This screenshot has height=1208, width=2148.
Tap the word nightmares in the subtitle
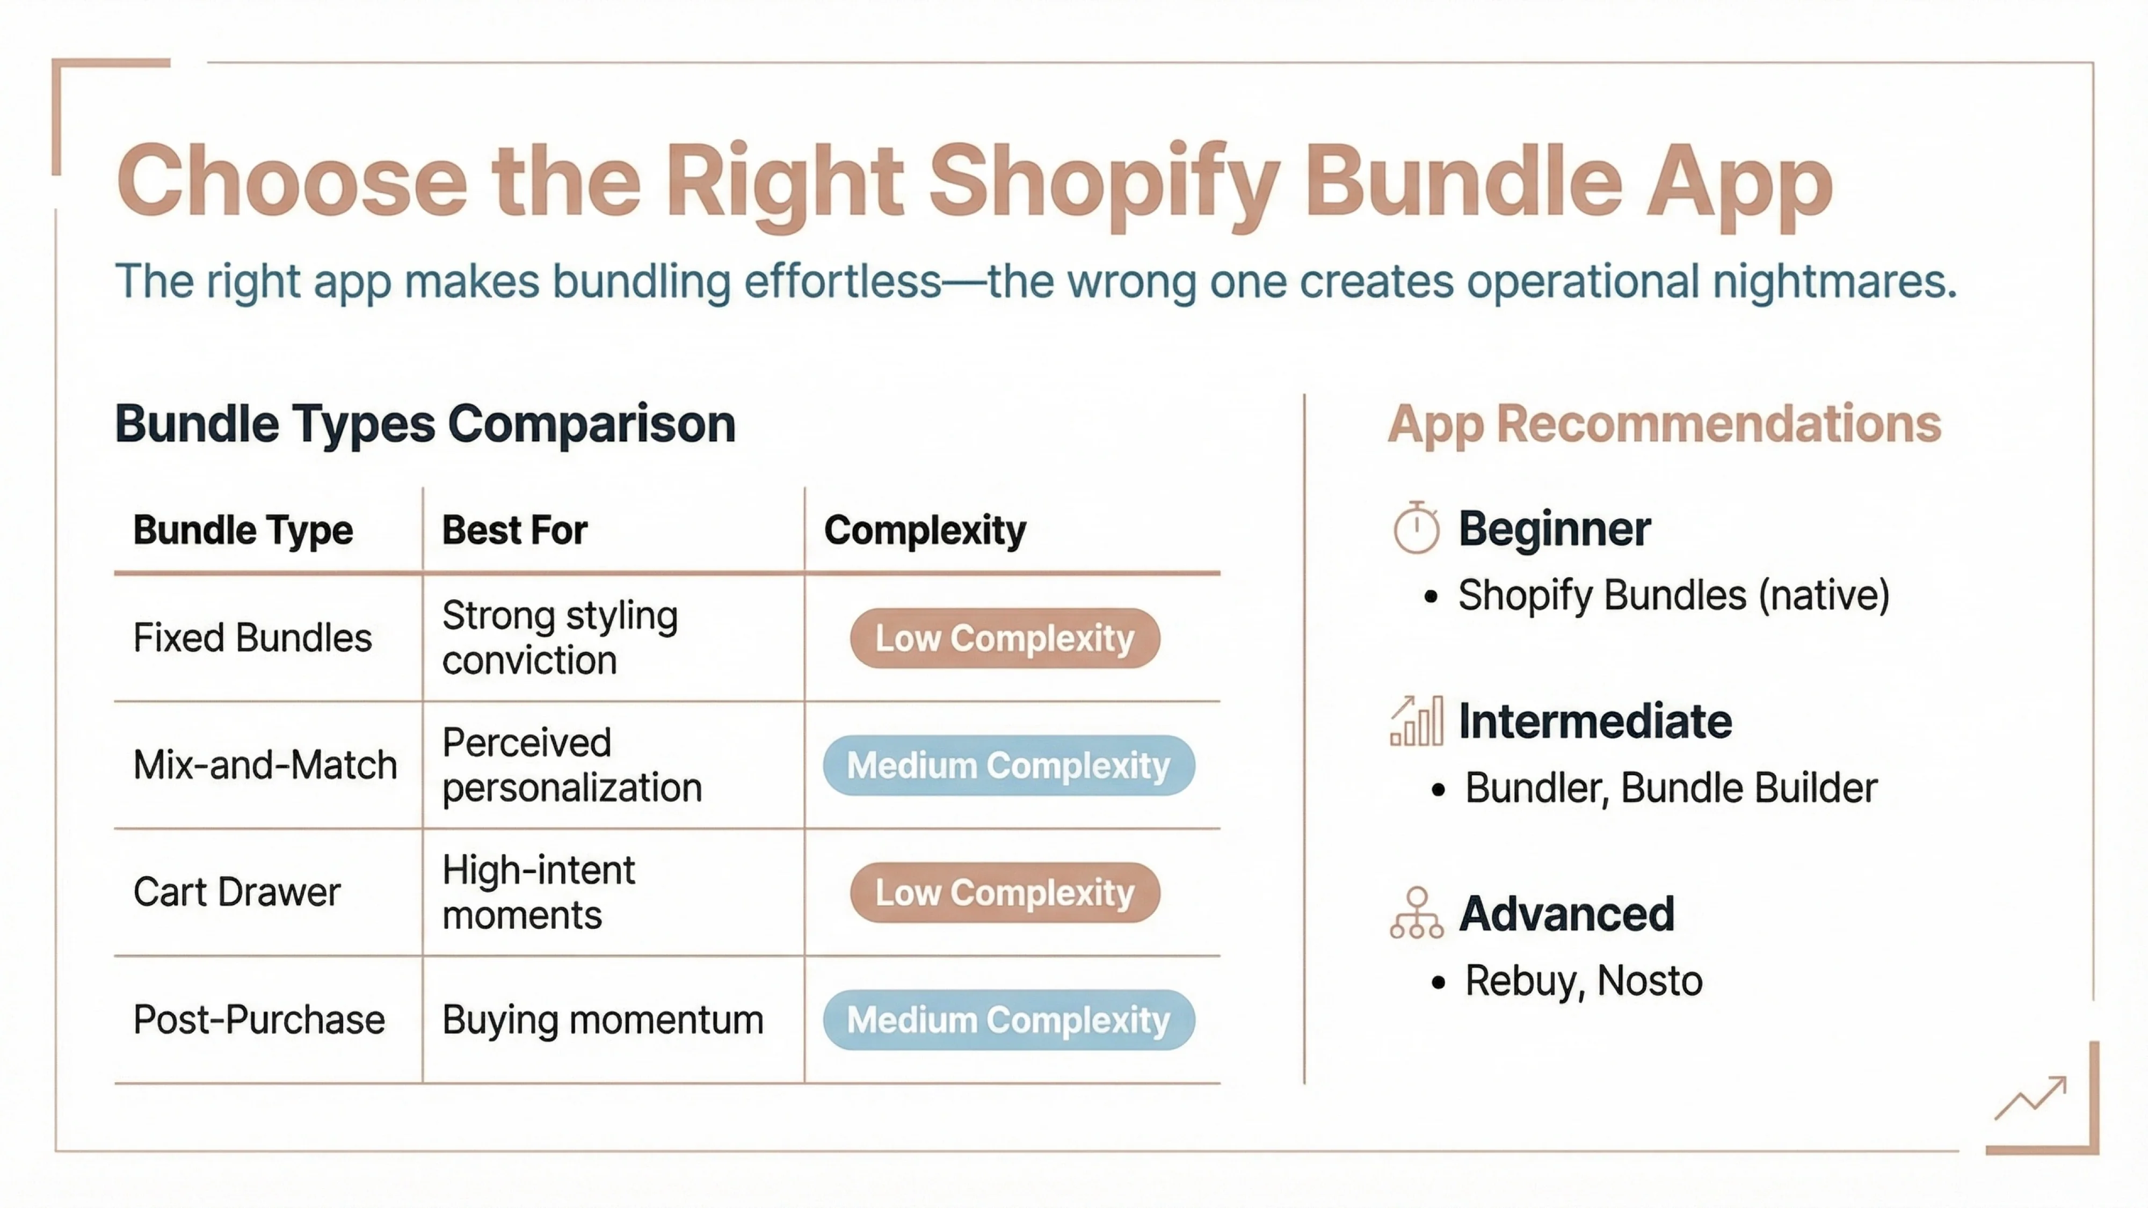point(1834,281)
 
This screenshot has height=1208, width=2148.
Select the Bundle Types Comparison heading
point(425,424)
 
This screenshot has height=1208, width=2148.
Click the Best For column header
point(514,530)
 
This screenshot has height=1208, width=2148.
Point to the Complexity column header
point(925,530)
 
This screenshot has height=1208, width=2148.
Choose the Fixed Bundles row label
point(252,638)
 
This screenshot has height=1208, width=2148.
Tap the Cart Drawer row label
point(237,892)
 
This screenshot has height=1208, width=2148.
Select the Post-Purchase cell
point(258,1020)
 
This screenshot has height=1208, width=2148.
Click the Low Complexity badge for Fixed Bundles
point(1005,638)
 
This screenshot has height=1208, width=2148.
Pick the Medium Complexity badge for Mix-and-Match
point(1008,765)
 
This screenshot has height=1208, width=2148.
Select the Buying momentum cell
point(602,1020)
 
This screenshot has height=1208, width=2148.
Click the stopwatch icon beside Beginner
point(1416,528)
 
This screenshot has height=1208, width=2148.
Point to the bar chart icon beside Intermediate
point(1416,721)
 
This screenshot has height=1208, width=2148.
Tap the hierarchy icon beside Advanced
point(1416,914)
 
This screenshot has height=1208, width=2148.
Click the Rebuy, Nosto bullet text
point(1583,980)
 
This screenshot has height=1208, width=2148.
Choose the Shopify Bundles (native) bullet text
point(1673,595)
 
